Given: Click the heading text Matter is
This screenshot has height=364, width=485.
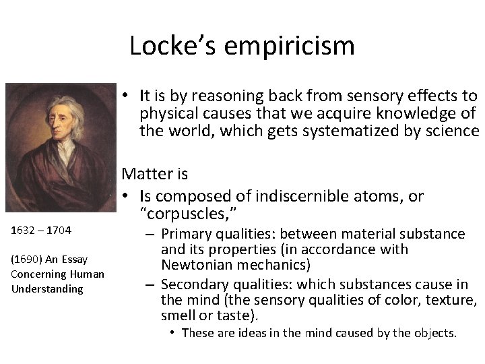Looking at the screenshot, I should click(x=155, y=174).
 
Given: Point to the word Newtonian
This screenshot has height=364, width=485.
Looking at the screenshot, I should click(x=197, y=264).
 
